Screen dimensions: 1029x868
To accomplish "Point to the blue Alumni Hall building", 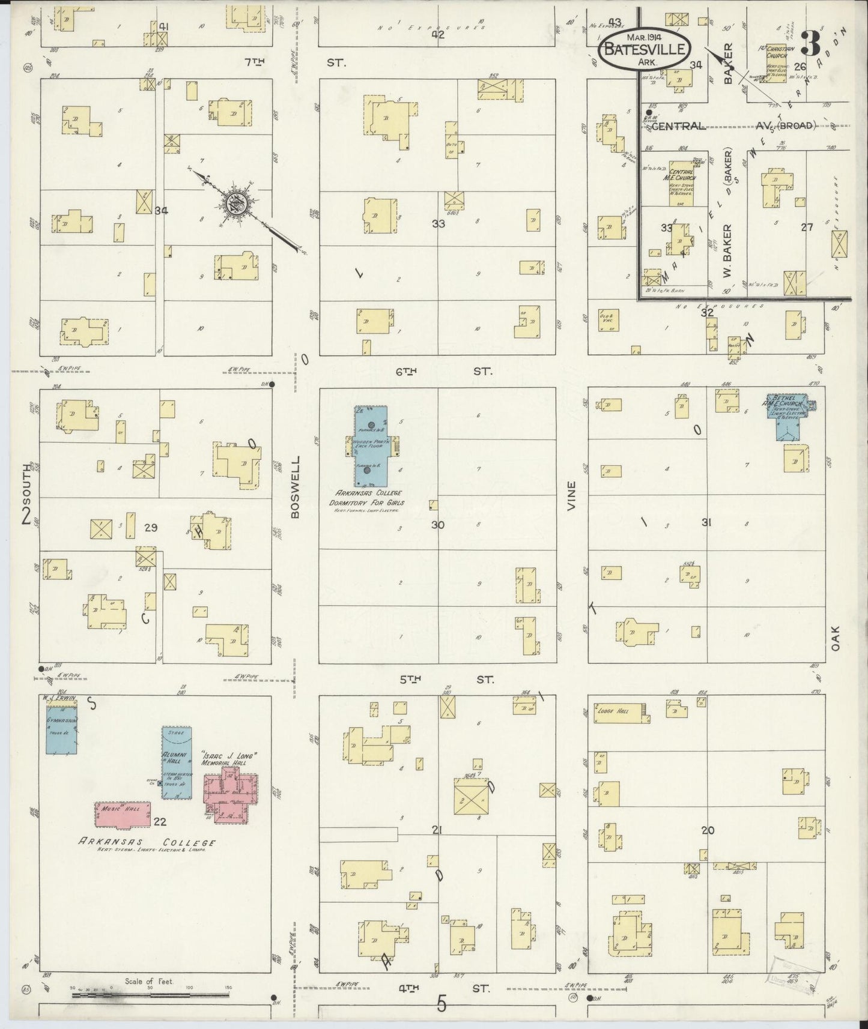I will click(177, 762).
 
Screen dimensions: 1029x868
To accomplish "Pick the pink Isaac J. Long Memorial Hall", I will click(231, 797).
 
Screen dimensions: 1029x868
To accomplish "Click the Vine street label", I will click(571, 496).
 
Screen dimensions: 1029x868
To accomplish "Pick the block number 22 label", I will click(160, 822).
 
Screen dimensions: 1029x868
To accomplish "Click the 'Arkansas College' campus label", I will click(147, 842).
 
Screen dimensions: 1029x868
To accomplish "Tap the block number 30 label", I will click(437, 525).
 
